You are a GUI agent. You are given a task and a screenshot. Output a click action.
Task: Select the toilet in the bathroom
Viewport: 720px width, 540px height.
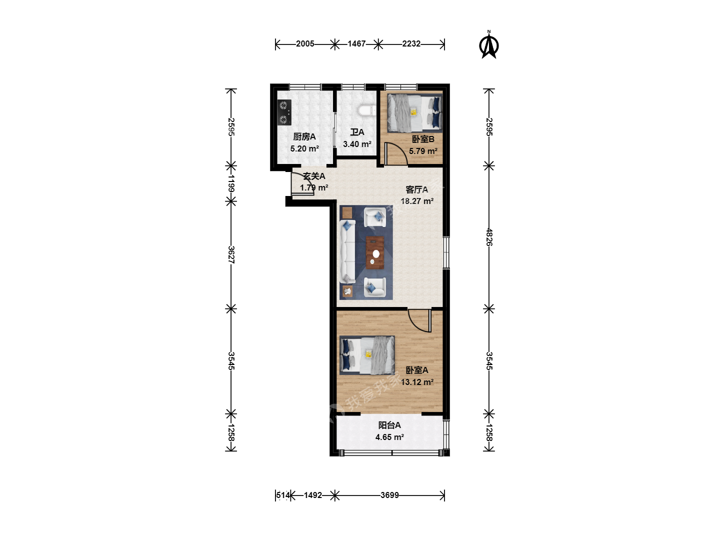click(367, 110)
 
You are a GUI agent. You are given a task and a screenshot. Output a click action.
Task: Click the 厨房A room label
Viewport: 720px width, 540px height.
click(304, 136)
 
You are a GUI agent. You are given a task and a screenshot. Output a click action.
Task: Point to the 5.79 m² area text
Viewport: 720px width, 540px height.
click(423, 151)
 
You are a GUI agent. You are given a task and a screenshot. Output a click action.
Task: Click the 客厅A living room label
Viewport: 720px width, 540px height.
click(416, 189)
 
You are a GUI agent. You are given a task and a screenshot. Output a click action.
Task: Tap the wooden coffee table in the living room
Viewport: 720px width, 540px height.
click(375, 252)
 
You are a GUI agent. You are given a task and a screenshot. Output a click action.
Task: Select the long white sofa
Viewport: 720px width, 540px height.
click(347, 251)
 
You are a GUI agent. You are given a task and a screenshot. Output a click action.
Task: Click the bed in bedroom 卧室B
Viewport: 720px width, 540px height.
click(414, 113)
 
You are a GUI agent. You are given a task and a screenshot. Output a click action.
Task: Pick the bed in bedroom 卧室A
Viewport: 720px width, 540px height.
click(367, 355)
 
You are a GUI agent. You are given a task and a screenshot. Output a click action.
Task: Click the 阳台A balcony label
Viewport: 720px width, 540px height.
click(389, 425)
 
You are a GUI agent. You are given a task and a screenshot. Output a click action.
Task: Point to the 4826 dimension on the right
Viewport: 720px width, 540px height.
click(489, 237)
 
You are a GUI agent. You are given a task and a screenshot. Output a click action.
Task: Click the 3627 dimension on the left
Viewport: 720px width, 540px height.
click(231, 255)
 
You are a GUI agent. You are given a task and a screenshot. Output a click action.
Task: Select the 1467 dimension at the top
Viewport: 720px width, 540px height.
click(356, 43)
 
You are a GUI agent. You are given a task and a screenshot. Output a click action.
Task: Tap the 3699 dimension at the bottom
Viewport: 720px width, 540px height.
click(389, 495)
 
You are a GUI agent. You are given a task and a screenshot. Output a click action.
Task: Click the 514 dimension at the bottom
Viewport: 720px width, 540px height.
click(283, 495)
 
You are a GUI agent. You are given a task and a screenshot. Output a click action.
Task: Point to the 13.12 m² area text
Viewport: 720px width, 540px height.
click(417, 382)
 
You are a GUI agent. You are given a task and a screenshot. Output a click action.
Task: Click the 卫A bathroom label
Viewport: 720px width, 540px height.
click(357, 132)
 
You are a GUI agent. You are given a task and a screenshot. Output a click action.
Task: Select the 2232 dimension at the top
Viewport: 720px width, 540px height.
click(411, 43)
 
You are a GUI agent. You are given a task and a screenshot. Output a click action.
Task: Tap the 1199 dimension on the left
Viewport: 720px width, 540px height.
click(231, 183)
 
